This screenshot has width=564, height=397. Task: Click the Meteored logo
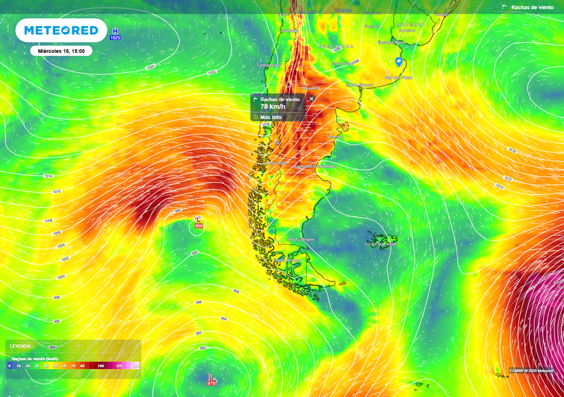pyautogui.click(x=61, y=30)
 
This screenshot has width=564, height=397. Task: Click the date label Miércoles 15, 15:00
pyautogui.click(x=61, y=51)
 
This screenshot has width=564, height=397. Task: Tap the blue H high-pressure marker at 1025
pyautogui.click(x=115, y=34)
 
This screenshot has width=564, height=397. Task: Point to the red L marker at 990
pyautogui.click(x=198, y=223)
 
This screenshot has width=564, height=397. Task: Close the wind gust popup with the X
pyautogui.click(x=311, y=99)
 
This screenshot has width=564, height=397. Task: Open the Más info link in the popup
pyautogui.click(x=271, y=117)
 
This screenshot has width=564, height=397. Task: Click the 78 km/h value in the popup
pyautogui.click(x=273, y=106)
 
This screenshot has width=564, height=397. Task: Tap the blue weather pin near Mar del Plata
pyautogui.click(x=399, y=62)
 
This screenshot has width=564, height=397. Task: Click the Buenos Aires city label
pyautogui.click(x=392, y=42)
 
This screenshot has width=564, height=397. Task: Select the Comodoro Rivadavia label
pyautogui.click(x=316, y=166)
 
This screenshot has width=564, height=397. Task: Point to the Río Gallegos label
pyautogui.click(x=301, y=239)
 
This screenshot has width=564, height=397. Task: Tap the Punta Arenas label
pyautogui.click(x=287, y=260)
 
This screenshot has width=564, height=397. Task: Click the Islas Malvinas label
pyautogui.click(x=381, y=244)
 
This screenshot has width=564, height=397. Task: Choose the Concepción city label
pyautogui.click(x=269, y=65)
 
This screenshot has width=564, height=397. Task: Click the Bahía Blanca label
pyautogui.click(x=359, y=85)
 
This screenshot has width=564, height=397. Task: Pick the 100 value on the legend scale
pyautogui.click(x=101, y=366)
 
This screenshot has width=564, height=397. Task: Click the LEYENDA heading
pyautogui.click(x=20, y=346)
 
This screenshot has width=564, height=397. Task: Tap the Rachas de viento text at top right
pyautogui.click(x=532, y=7)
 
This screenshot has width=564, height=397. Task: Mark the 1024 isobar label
pyautogui.click(x=150, y=67)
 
